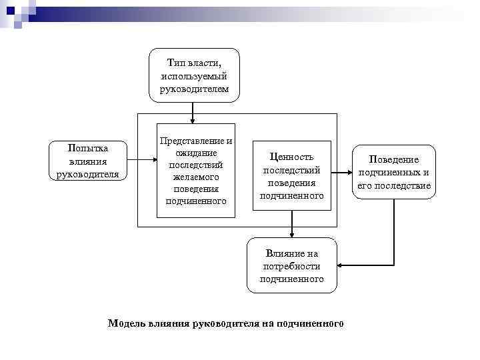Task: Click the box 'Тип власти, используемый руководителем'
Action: (x=194, y=75)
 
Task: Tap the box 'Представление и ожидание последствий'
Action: (x=196, y=170)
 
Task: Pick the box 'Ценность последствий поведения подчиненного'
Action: (x=291, y=176)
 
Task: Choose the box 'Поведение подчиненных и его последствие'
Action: (x=394, y=172)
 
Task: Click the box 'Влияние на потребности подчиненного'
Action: (x=291, y=265)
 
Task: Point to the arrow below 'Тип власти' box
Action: (x=193, y=113)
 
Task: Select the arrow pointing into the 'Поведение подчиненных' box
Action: (x=341, y=172)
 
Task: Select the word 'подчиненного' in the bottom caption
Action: (x=312, y=324)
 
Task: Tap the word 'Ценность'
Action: (x=291, y=157)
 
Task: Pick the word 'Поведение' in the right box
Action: (x=394, y=160)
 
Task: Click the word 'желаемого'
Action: (x=196, y=177)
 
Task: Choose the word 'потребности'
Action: (x=291, y=266)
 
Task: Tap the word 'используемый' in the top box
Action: (x=194, y=75)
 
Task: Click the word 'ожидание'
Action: (x=196, y=153)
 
